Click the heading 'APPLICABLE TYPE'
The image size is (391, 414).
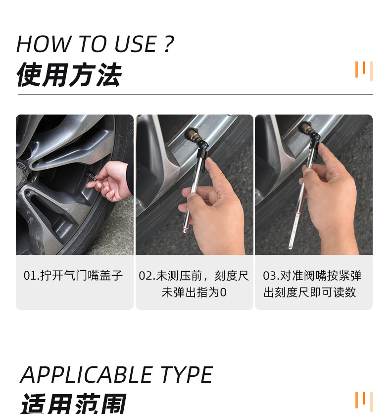[x=116, y=375]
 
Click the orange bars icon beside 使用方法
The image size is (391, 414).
[x=363, y=70]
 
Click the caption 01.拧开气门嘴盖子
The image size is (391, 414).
[x=73, y=276]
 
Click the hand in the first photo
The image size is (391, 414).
[x=113, y=181]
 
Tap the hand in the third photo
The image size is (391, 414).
[x=332, y=193]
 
